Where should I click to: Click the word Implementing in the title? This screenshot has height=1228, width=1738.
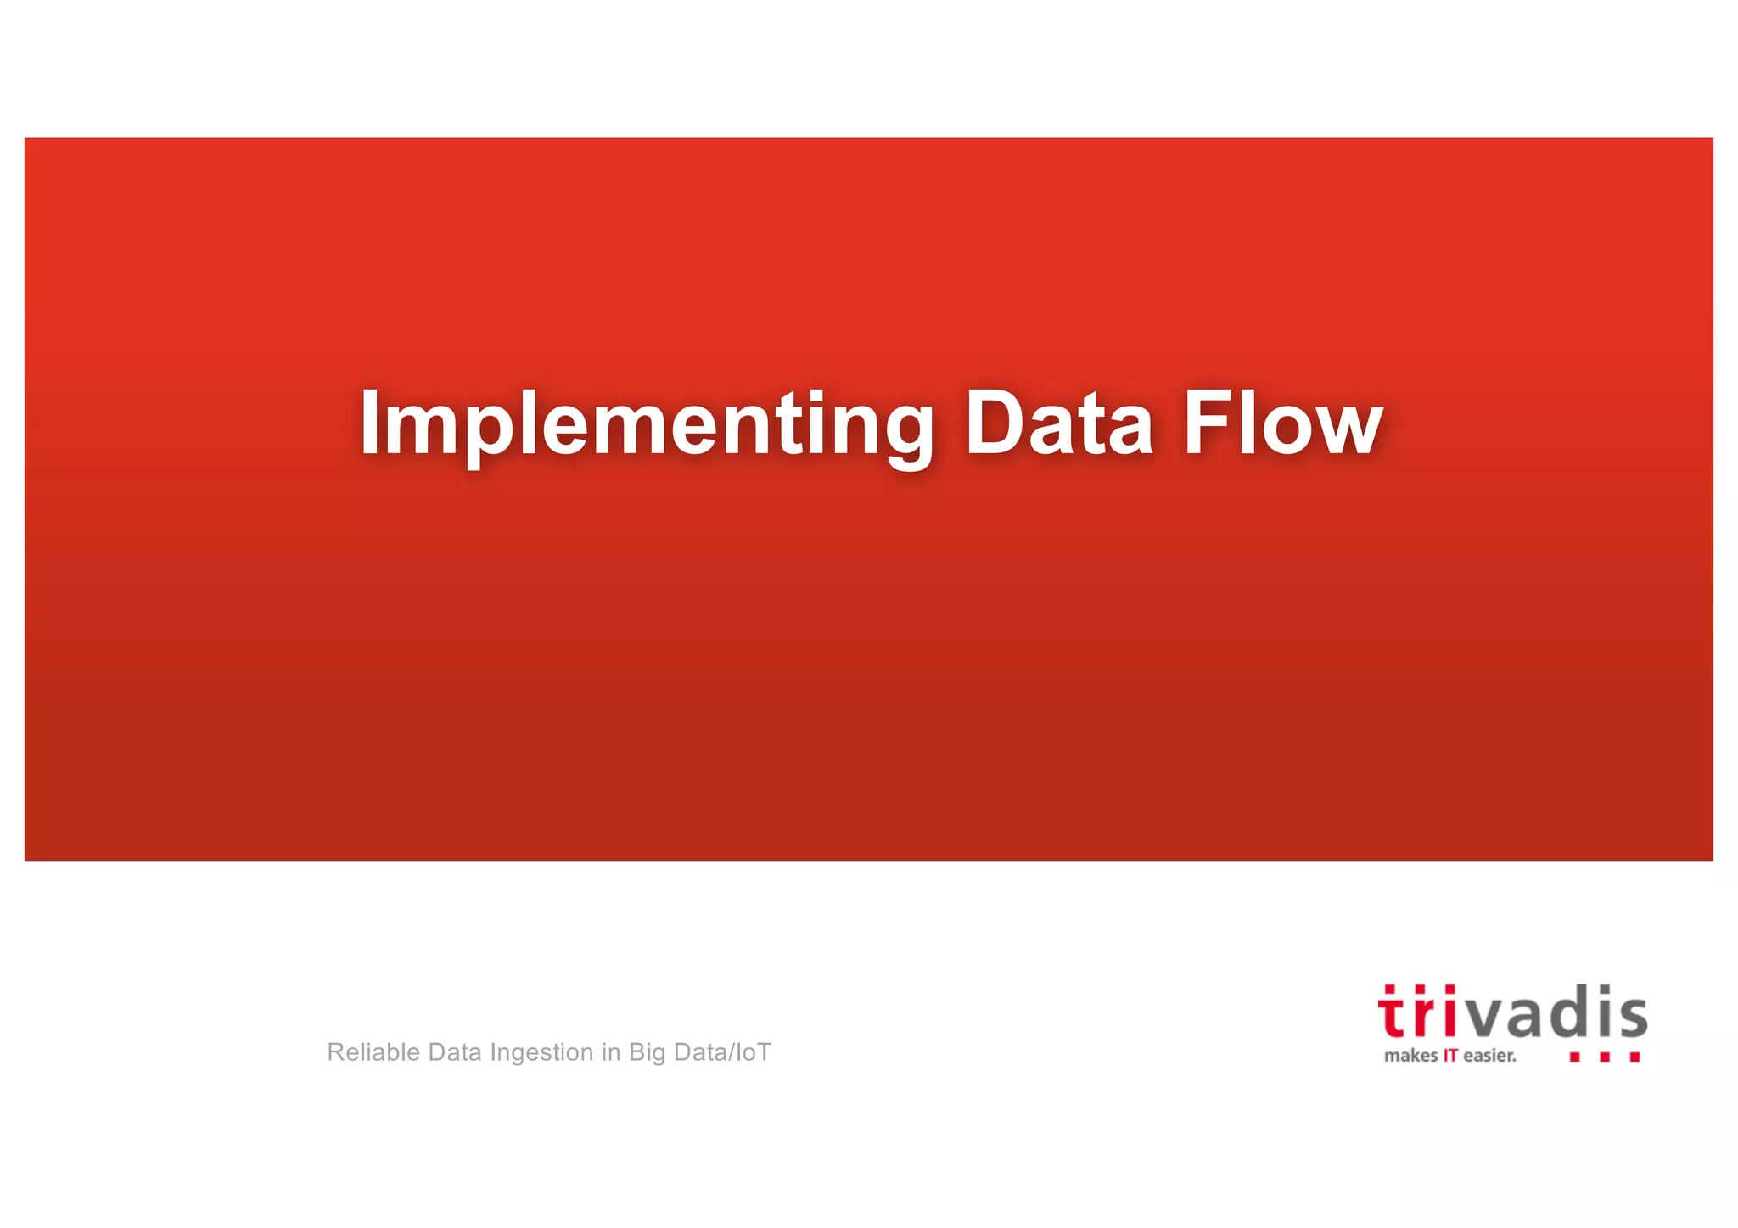[645, 424]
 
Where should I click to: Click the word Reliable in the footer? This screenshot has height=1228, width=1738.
[373, 1052]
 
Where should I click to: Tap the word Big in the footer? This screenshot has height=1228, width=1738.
[647, 1053]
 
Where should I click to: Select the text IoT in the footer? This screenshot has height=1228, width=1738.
[754, 1052]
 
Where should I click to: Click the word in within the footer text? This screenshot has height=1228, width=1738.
[611, 1052]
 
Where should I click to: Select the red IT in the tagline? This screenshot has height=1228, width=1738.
[1450, 1057]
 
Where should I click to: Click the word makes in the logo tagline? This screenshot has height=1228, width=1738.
[1410, 1057]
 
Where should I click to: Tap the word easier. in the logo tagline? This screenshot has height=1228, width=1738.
[1489, 1057]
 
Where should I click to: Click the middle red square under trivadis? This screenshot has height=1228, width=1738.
[1605, 1057]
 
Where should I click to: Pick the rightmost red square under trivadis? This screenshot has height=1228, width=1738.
[1634, 1057]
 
